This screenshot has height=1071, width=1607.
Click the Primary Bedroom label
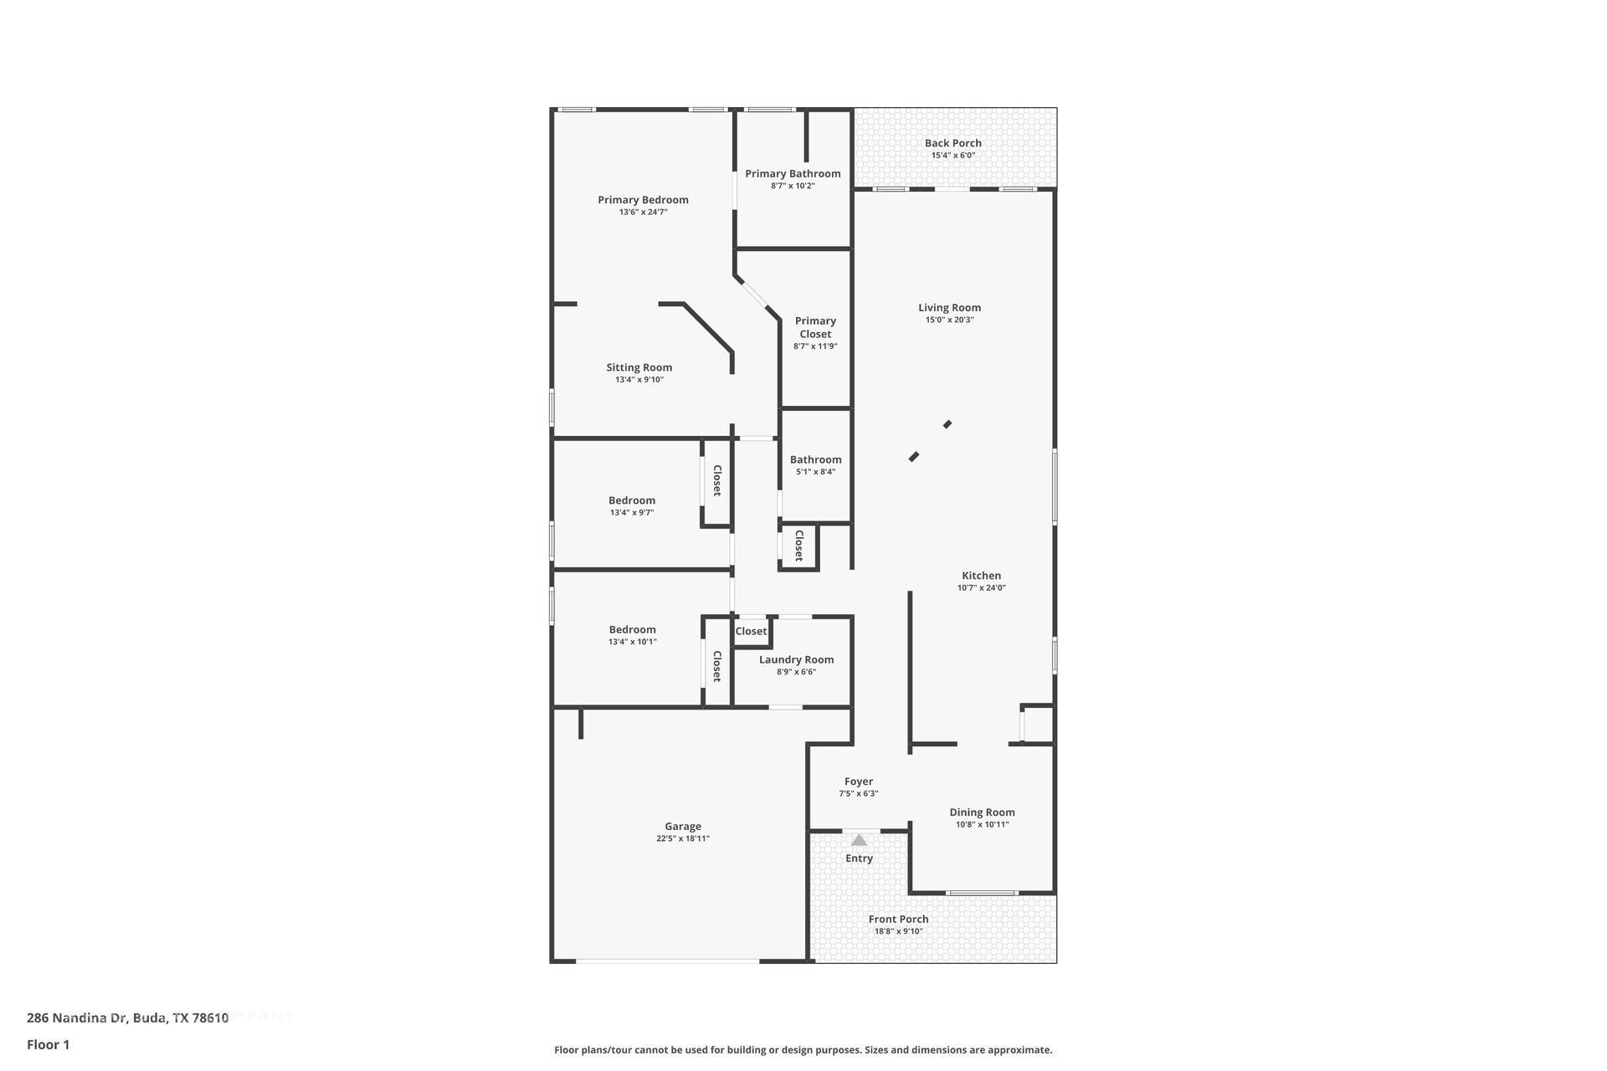(643, 200)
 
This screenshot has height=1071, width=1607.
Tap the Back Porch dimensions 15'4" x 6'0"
(953, 156)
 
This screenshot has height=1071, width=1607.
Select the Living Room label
(949, 308)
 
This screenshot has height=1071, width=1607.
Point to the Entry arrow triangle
(859, 840)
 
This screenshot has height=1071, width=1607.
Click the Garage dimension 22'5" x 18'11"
(682, 838)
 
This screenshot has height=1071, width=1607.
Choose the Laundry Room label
(796, 659)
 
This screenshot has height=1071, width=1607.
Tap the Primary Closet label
(815, 327)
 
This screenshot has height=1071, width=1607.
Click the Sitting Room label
(639, 367)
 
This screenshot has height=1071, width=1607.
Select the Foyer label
(859, 781)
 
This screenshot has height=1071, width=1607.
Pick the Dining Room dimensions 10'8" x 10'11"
(982, 824)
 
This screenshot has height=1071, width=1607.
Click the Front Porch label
(898, 919)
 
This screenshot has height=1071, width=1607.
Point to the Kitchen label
(981, 576)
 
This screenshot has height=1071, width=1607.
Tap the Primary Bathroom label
(793, 174)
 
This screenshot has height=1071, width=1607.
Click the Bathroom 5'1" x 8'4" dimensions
(815, 472)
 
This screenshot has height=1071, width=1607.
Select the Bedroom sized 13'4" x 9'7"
(632, 500)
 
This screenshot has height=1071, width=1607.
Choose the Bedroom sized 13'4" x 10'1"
(632, 630)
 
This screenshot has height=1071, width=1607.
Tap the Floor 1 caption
(48, 1044)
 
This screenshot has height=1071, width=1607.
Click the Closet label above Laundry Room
(751, 632)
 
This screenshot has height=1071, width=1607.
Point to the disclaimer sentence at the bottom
(803, 1050)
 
